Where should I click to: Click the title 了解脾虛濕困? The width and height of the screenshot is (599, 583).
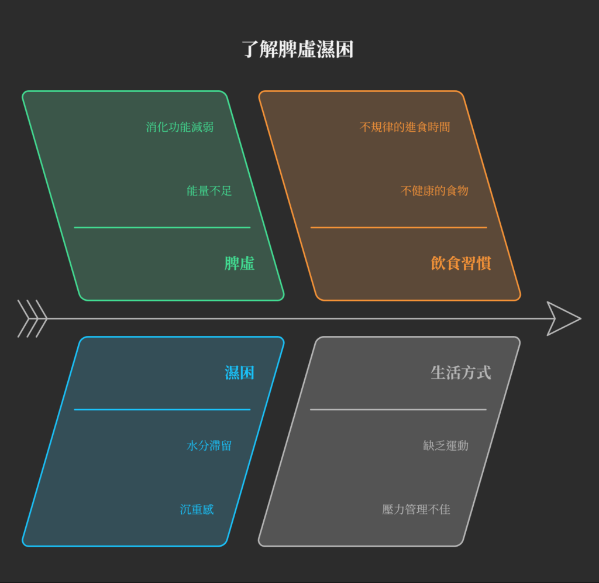298,50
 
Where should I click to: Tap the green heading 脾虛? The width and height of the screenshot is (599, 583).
239,263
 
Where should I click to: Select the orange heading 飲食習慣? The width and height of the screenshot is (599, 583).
460,263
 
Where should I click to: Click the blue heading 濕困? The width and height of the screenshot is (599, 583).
239,372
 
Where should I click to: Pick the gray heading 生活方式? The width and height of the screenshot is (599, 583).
460,372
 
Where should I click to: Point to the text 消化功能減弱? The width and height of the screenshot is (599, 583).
180,127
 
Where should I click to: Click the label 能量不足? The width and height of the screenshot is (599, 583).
209,191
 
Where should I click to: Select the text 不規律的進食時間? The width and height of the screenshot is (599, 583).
405,127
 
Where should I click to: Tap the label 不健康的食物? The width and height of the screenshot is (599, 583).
434,191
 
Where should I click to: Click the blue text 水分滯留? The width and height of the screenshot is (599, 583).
209,446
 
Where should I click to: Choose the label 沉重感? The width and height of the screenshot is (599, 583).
197,510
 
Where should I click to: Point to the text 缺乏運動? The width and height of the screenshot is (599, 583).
445,446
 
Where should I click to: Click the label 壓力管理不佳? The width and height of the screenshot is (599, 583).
416,510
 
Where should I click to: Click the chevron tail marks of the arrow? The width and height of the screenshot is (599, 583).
32,319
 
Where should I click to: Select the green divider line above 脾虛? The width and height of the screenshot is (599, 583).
162,227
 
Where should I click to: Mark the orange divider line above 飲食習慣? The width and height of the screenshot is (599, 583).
398,227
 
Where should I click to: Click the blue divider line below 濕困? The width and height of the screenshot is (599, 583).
162,410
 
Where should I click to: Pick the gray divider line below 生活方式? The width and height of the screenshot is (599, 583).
398,410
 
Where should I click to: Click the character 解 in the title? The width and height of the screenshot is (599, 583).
270,50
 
